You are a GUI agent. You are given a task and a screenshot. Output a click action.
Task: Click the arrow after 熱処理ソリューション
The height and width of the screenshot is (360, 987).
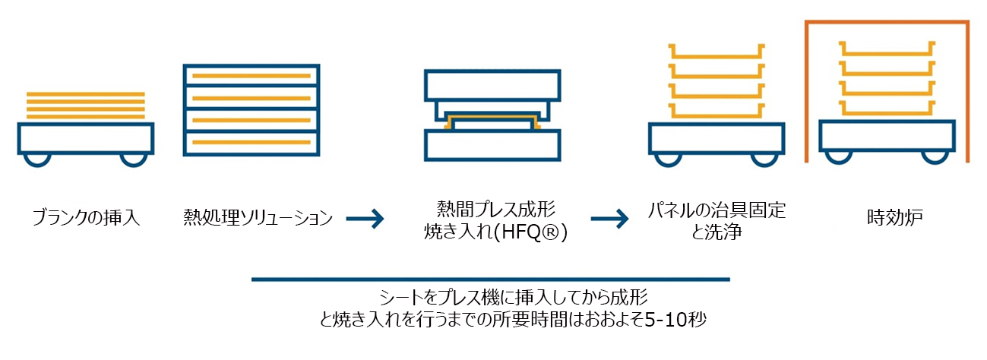365,219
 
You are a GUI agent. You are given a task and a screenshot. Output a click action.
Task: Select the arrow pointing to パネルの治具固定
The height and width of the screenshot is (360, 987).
610,219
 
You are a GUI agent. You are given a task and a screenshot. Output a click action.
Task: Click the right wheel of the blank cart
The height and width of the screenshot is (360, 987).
134,159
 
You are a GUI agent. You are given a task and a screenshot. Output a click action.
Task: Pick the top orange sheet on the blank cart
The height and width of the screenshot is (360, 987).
85,94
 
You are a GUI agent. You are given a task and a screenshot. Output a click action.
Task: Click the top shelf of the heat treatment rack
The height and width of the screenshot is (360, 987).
251,76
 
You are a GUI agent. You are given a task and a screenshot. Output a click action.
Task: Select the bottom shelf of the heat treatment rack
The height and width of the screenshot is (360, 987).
251,143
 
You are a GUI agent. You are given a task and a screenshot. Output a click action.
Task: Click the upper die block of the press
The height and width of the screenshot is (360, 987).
492,86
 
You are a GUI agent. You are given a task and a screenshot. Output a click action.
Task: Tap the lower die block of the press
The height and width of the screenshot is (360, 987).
492,144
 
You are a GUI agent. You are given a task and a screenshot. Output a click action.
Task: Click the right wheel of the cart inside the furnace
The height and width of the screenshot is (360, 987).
934,155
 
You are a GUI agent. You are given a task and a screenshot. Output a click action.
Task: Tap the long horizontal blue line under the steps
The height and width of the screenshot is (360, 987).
490,279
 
